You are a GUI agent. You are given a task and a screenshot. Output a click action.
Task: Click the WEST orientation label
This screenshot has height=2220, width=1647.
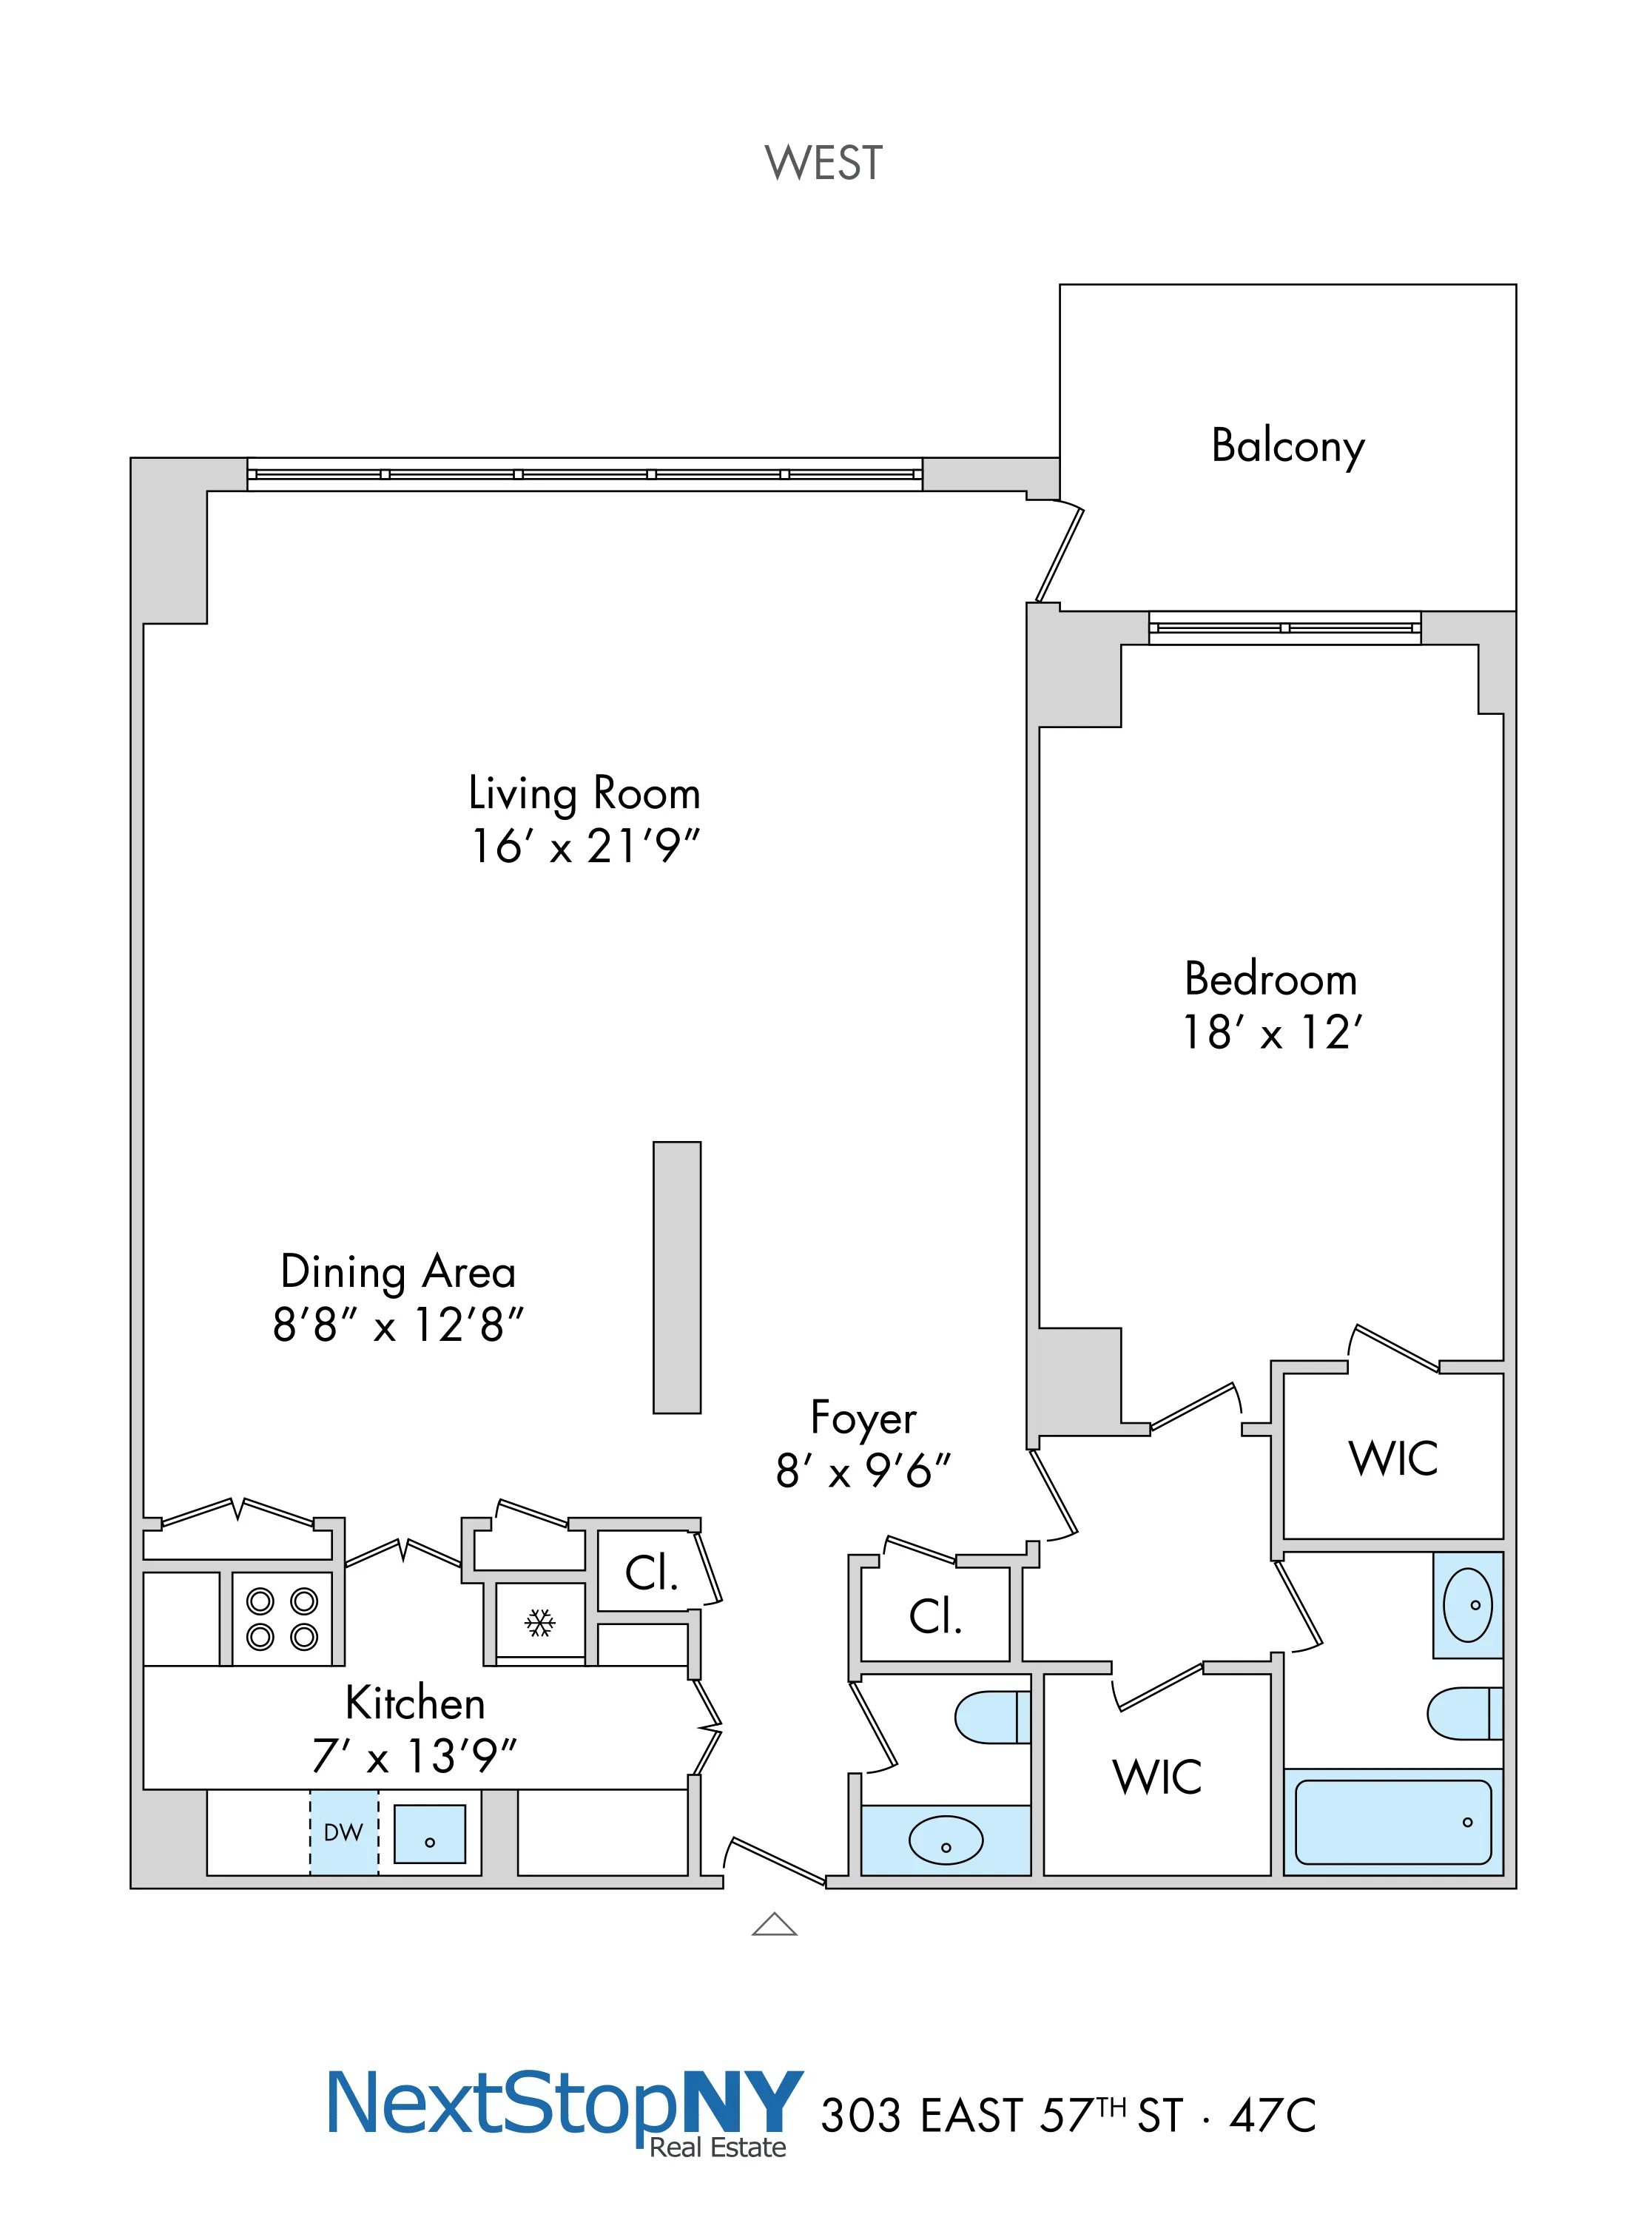pos(823,163)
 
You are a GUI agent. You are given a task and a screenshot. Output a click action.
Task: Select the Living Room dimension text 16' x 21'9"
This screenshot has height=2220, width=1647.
pos(585,847)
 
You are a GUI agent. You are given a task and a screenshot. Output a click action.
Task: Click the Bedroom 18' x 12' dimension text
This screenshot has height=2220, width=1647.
pos(1271,1033)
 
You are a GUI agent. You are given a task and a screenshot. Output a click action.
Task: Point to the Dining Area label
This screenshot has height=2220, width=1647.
pos(398,1272)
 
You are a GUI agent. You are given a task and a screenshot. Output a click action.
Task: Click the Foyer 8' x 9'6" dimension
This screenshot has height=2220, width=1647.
pos(863,1470)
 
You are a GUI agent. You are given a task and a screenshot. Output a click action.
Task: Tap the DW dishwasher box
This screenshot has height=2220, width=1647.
pos(344,1831)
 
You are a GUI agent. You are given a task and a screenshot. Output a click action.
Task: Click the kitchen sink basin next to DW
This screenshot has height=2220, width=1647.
pos(430,1833)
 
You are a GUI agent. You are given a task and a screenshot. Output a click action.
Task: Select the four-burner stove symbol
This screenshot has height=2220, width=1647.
pos(282,1619)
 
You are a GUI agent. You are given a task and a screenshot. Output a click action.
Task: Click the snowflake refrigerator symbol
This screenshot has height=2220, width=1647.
pos(540,1623)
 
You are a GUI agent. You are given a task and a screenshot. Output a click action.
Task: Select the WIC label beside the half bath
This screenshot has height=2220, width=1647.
pos(1156,1777)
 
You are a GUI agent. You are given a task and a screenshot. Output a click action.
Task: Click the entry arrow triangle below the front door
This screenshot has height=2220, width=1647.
pos(775,1923)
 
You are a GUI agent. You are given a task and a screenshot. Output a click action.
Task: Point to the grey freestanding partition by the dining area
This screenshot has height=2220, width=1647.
pos(677,1277)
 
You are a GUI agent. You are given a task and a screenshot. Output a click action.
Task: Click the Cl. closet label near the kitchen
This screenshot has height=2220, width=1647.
pos(651,1573)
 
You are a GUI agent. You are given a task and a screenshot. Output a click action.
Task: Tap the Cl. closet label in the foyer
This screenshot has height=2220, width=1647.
pos(935,1616)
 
